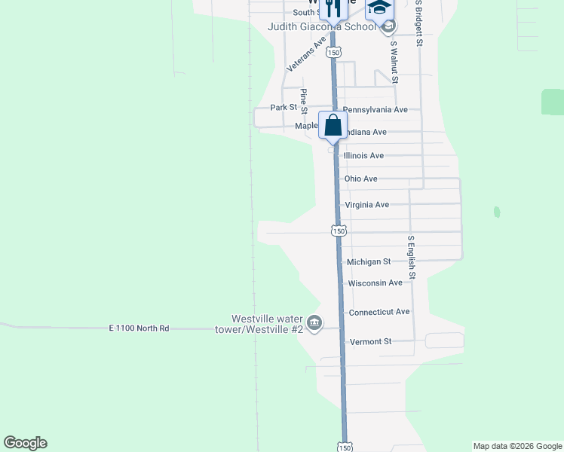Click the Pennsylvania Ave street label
coord(375,110)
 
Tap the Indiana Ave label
coord(365,133)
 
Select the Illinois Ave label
coord(363,156)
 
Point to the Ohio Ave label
coord(360,179)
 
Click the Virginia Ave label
coord(366,205)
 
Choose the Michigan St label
coord(369,262)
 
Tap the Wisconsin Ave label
coord(375,283)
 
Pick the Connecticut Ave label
coord(379,312)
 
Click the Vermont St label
coord(370,341)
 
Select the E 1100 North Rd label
coord(139,328)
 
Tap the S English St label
coord(412,258)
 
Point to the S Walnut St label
coord(393,62)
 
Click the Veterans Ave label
coord(307,53)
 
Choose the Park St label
coord(284,108)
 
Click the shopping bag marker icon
coord(333,125)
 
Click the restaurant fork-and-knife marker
coord(333,8)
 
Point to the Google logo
coord(25,443)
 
